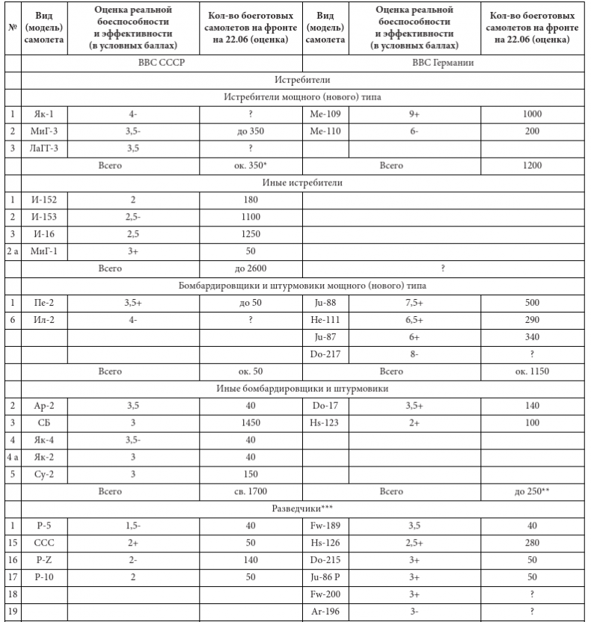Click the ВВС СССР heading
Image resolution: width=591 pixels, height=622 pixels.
click(162, 63)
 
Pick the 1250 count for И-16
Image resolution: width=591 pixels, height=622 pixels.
click(251, 233)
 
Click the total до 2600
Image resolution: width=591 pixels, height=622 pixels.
click(251, 268)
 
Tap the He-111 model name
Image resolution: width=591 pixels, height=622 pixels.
click(324, 319)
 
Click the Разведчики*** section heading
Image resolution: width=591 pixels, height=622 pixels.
click(304, 508)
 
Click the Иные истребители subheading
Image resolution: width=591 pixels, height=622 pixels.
click(304, 182)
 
